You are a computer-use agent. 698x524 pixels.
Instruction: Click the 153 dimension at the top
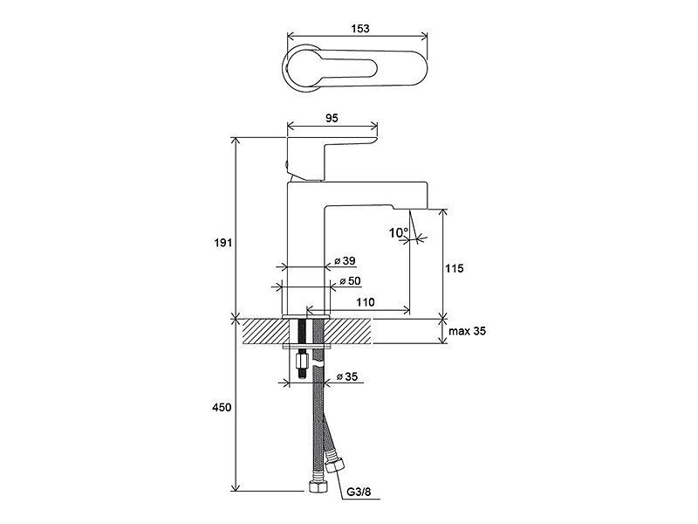(360, 28)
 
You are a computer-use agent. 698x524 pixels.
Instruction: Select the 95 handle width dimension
(332, 118)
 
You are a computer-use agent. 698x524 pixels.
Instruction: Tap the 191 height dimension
(223, 243)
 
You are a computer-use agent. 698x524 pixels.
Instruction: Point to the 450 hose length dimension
(222, 407)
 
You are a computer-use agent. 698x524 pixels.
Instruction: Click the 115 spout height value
(454, 268)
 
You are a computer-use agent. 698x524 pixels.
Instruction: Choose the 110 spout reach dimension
(365, 302)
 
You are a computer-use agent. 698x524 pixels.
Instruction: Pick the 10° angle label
(399, 232)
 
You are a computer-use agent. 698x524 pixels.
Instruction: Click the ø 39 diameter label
(345, 260)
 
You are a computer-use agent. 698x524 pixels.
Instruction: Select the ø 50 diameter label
(350, 281)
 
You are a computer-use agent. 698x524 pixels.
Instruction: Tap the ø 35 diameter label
(346, 376)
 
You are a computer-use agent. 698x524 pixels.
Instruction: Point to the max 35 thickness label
(467, 331)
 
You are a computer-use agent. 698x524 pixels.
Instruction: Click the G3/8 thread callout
(359, 492)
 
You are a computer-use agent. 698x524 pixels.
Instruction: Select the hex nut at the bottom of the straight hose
(318, 486)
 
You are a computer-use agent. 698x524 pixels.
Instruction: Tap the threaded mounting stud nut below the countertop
(301, 359)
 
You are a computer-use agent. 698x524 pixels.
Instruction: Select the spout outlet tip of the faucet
(409, 208)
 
